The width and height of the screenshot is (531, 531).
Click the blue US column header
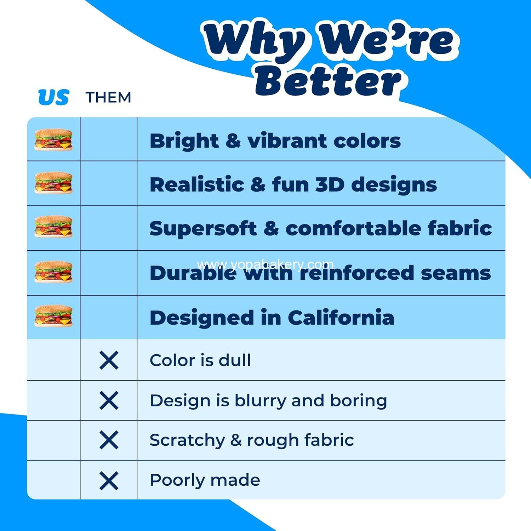click(x=53, y=97)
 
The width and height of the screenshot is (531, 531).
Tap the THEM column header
click(x=108, y=97)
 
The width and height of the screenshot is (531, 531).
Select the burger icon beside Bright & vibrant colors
click(x=53, y=140)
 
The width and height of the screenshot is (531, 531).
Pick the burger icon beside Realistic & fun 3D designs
click(x=53, y=183)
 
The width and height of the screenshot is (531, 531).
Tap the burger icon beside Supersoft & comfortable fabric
click(x=53, y=227)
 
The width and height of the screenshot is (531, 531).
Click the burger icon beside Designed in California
click(x=53, y=316)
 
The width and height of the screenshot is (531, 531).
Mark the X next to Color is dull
click(x=109, y=360)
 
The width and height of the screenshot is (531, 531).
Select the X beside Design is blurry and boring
click(x=109, y=401)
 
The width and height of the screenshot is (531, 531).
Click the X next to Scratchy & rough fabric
click(x=109, y=440)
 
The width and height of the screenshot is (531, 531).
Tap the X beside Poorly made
click(x=109, y=481)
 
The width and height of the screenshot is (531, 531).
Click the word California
click(x=341, y=317)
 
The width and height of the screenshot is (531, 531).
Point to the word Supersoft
click(x=203, y=229)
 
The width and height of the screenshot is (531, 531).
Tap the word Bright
click(x=184, y=141)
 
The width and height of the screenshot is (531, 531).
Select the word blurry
click(x=261, y=401)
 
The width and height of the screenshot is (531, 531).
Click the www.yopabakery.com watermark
click(x=265, y=264)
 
